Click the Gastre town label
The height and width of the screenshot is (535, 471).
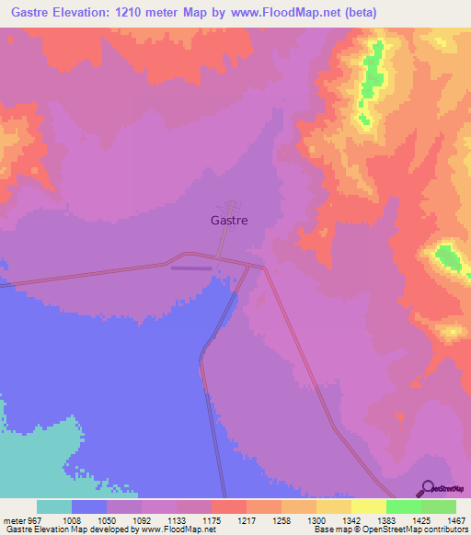click(x=229, y=221)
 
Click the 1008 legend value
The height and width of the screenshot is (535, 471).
click(x=71, y=519)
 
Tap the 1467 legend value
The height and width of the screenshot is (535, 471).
click(x=455, y=519)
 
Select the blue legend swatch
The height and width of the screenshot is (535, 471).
click(x=89, y=507)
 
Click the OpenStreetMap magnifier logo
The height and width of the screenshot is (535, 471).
click(x=429, y=487)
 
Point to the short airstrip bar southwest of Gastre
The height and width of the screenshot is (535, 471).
click(x=190, y=268)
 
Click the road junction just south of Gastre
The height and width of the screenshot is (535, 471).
click(x=217, y=257)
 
